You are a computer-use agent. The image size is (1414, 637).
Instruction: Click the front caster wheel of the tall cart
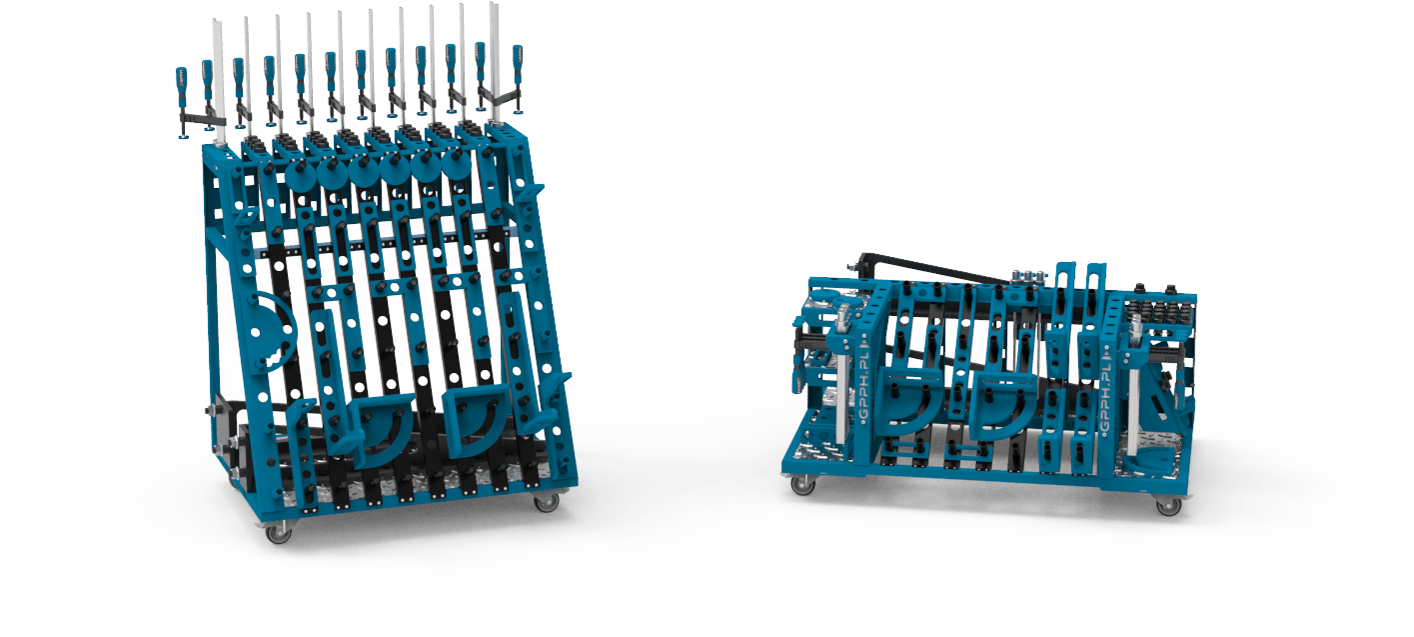click(x=279, y=534)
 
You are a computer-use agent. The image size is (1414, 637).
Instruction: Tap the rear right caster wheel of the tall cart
click(x=546, y=503)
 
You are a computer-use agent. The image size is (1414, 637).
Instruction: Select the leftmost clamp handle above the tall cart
click(x=181, y=83)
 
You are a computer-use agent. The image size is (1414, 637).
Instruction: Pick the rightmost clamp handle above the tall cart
click(x=518, y=63)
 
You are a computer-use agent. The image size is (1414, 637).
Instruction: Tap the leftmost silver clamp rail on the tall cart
click(x=219, y=81)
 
